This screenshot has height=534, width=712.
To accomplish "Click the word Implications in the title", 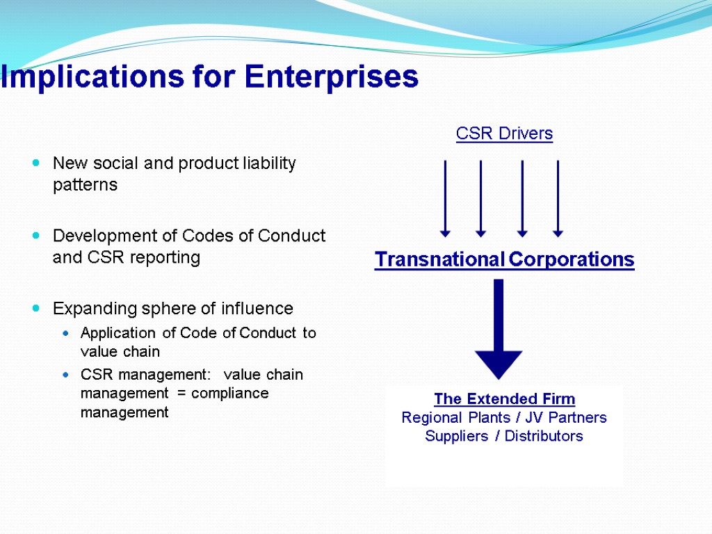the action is [84, 77].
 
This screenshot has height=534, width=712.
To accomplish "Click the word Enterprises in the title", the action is [332, 77].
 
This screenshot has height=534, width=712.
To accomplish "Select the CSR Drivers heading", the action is [504, 133].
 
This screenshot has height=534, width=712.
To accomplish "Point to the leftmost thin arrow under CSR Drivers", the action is [445, 198].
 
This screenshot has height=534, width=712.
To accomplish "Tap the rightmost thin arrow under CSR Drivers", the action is [558, 198].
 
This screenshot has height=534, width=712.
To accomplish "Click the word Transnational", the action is [439, 260].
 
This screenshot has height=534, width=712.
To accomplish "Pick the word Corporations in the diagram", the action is [572, 260].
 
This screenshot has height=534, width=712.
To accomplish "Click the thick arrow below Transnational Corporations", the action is [498, 327].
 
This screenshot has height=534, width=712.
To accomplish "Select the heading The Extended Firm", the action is [504, 399].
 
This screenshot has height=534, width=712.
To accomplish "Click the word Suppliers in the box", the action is [456, 437].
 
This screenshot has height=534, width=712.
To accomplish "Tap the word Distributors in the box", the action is [544, 437].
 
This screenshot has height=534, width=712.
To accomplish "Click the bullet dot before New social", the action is [36, 164].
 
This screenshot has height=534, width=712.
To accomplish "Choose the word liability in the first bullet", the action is [269, 163].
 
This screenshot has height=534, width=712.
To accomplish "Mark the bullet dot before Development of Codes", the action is [36, 236].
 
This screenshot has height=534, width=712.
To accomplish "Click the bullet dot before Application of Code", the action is [66, 334].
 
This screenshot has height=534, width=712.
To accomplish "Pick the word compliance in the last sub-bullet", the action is [229, 394].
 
